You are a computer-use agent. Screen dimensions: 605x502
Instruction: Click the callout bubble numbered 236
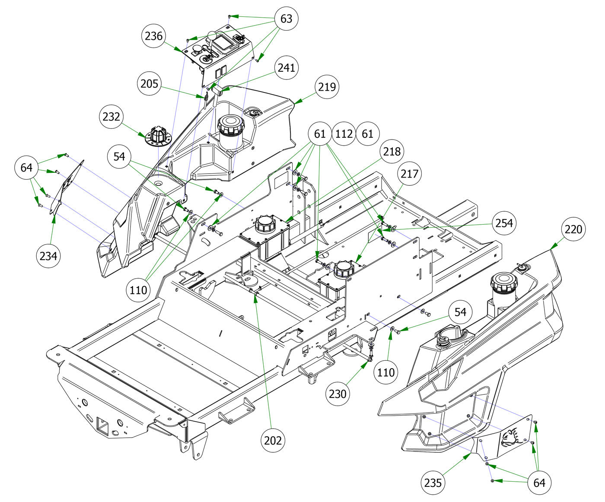[x=153, y=36]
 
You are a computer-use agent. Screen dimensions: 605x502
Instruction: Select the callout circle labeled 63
[x=286, y=19]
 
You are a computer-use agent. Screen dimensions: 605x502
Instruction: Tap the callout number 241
[x=286, y=68]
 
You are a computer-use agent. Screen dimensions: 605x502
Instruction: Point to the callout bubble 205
[x=149, y=84]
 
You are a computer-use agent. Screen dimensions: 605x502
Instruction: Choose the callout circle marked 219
[x=327, y=86]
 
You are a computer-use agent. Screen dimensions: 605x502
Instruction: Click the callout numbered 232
[x=111, y=117]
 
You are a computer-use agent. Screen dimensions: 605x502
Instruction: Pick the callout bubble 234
[x=48, y=256]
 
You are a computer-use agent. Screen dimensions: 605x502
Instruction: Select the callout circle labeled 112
[x=344, y=134]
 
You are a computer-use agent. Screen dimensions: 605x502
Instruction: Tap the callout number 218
[x=392, y=151]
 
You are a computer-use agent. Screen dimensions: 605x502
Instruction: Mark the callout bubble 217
[x=409, y=174]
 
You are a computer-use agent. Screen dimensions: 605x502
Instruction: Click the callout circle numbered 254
[x=504, y=223]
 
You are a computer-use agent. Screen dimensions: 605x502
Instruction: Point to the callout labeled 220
[x=573, y=229]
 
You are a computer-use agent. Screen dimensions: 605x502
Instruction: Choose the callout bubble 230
[x=338, y=394]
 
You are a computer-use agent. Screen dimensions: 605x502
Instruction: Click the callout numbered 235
[x=433, y=483]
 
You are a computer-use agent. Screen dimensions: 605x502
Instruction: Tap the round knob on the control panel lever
[x=212, y=36]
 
